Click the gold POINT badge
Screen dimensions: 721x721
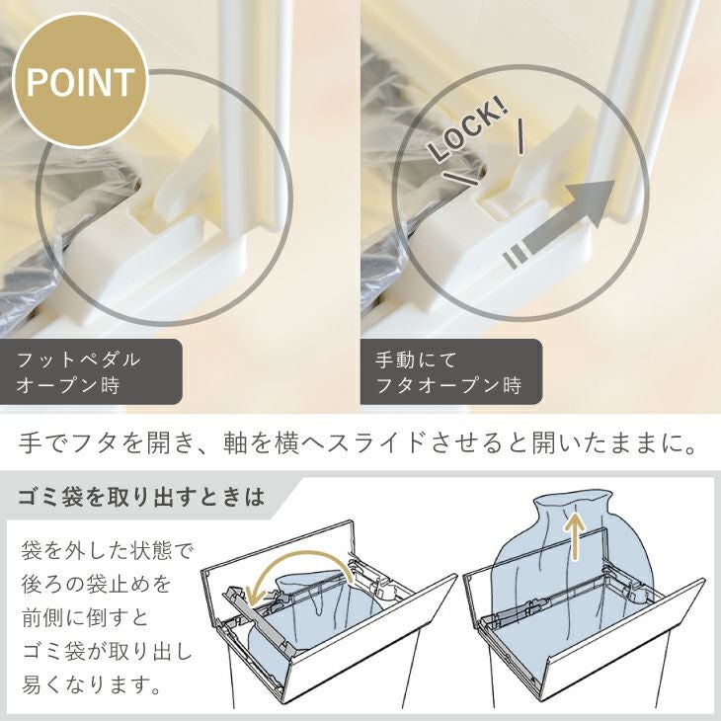click(x=80, y=81)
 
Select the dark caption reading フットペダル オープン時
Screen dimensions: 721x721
click(x=91, y=371)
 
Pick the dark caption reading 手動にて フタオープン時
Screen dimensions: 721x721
click(x=451, y=371)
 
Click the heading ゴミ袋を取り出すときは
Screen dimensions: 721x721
click(x=141, y=498)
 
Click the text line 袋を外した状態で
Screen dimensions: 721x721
click(x=106, y=551)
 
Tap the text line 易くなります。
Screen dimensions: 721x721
click(x=92, y=685)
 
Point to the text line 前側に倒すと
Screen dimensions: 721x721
click(x=86, y=618)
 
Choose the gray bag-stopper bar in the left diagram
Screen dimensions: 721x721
click(x=259, y=618)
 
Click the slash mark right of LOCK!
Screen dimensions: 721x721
click(x=521, y=135)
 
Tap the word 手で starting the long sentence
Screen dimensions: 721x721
click(x=40, y=444)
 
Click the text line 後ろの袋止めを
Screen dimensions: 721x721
click(x=96, y=585)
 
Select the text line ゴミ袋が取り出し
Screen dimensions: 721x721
click(x=106, y=652)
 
